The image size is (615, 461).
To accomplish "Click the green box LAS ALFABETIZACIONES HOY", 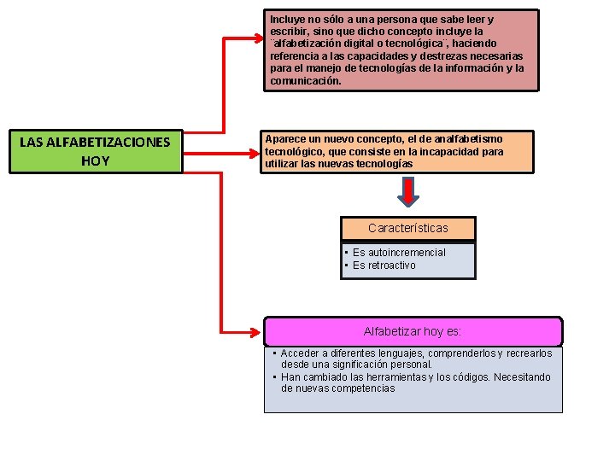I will [97, 151].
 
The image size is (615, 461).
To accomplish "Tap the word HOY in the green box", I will [95, 160].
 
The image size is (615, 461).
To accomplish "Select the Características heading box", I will [407, 228].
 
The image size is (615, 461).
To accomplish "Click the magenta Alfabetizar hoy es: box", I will [413, 331].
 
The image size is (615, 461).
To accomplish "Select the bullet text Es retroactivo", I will [384, 266].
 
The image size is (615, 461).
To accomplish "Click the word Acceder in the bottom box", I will [300, 353].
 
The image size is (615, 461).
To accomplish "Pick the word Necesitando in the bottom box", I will [520, 377].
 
